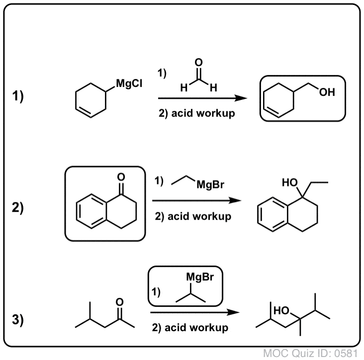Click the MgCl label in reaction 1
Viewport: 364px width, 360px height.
point(129,84)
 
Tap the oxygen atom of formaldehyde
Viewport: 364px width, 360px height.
point(198,62)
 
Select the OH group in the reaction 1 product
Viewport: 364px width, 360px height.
point(327,92)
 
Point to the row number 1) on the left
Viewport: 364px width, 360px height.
point(18,96)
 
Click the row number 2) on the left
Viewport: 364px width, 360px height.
point(18,207)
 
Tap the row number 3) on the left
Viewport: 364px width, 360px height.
point(18,319)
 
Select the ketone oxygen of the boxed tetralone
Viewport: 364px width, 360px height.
point(121,177)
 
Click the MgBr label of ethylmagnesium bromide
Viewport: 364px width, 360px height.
point(210,185)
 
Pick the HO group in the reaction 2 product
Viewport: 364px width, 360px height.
point(290,182)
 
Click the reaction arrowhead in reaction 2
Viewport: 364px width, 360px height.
point(235,200)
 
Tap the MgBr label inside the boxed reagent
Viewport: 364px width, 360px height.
point(200,277)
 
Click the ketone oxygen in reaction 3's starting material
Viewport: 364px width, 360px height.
point(119,302)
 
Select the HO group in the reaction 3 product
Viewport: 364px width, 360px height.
point(281,311)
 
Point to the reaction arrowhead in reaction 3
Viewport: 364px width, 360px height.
point(233,312)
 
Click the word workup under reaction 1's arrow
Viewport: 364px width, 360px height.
point(216,113)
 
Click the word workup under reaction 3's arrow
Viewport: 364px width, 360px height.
point(209,328)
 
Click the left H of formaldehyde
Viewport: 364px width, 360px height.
point(184,88)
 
